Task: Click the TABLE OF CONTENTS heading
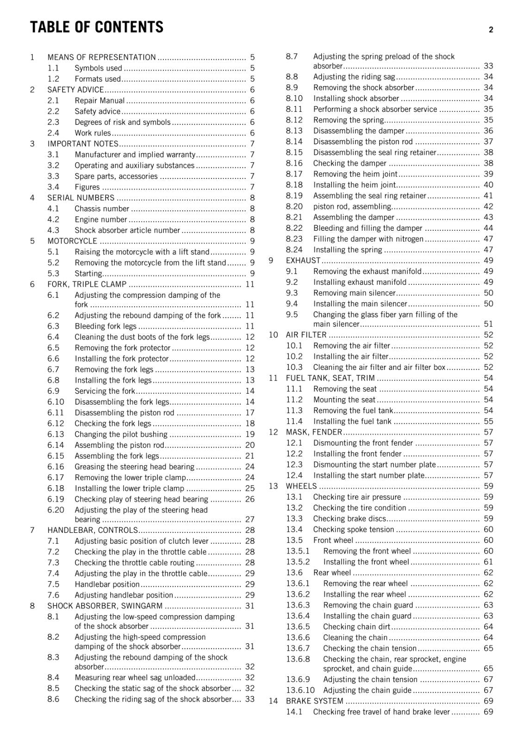coord(97,27)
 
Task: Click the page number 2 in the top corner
coord(491,30)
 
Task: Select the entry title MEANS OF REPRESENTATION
coord(101,57)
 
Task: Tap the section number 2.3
coord(53,122)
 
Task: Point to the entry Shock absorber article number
coord(127,230)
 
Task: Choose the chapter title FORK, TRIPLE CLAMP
coord(87,284)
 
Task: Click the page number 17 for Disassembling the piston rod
coord(250,413)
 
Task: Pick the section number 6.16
coord(56,467)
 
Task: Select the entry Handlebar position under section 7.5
coord(107,584)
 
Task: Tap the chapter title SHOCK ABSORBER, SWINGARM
coord(105,606)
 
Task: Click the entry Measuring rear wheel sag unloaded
coord(135,678)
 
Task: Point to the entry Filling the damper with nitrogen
coord(368,239)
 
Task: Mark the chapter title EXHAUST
coord(303,260)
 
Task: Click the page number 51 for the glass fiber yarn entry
coord(488,324)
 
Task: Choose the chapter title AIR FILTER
coord(306,335)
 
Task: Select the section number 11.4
coord(294,421)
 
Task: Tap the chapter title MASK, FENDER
coord(314,432)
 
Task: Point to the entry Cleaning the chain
coord(355,637)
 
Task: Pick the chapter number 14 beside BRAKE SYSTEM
coord(274,701)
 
